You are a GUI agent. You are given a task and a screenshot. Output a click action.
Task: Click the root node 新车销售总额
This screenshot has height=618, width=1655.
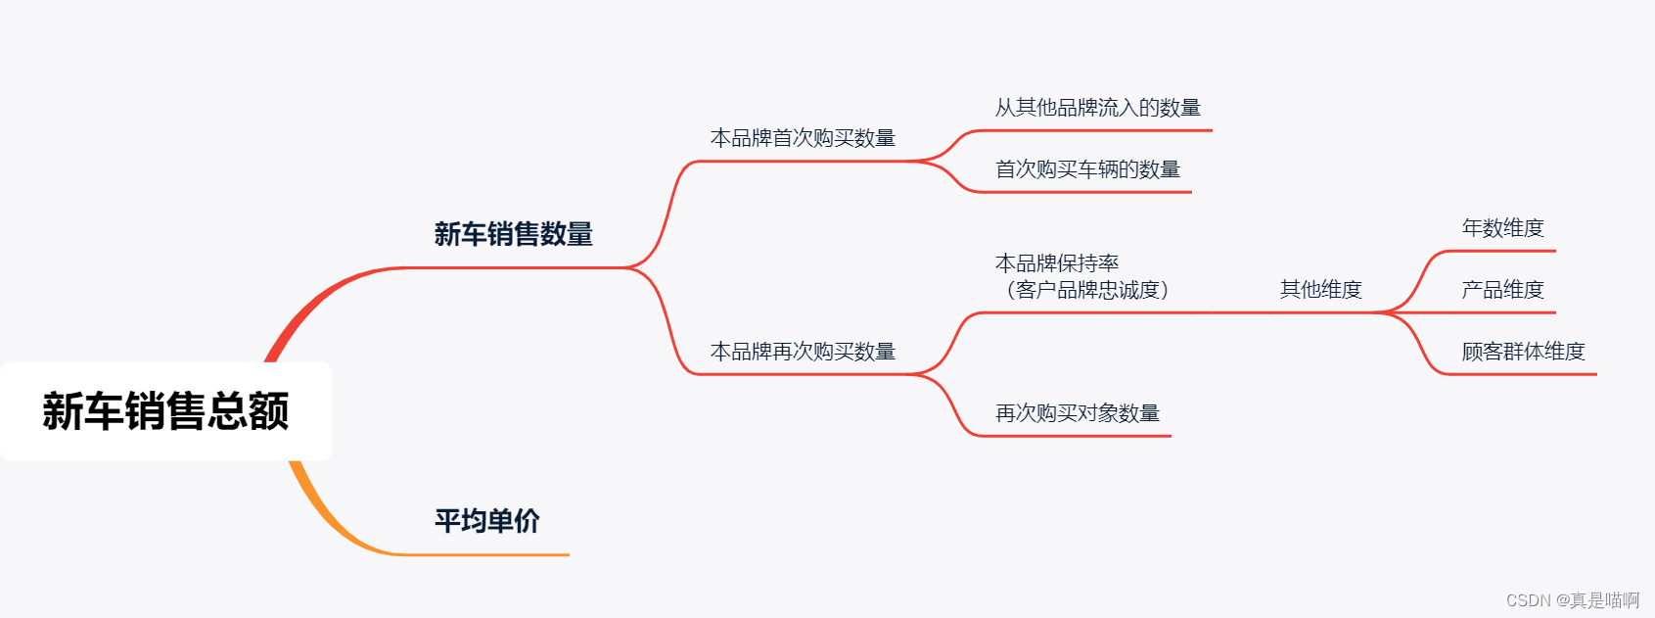(x=165, y=411)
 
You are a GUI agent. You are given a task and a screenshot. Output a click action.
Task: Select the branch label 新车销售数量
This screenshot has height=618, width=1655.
(x=513, y=234)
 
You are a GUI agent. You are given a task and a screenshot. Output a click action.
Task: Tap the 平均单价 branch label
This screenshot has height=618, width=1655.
(x=486, y=520)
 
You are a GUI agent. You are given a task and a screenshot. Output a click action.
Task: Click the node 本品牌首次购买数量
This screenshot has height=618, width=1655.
(x=803, y=138)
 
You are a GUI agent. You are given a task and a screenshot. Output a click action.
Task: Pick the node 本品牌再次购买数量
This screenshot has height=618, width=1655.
(x=803, y=352)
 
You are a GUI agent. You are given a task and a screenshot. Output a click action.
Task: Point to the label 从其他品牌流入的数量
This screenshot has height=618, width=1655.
(x=1097, y=108)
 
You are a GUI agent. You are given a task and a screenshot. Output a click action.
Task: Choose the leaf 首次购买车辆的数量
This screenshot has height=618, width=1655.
(x=1087, y=169)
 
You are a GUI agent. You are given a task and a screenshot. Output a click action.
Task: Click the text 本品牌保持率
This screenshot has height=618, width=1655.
(x=1056, y=262)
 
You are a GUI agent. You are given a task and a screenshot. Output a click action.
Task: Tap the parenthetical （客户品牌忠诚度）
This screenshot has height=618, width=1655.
(x=1086, y=290)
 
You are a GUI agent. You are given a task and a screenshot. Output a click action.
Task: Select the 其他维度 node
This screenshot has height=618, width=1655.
(x=1320, y=290)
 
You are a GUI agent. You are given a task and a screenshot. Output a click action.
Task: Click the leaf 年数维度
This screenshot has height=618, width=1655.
(x=1502, y=228)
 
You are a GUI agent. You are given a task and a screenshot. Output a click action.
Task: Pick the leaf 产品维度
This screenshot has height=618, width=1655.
(x=1502, y=290)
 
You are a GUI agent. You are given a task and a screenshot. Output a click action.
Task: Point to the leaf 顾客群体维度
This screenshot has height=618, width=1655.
(x=1523, y=352)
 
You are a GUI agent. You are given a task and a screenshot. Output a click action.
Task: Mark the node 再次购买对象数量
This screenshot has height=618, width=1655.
(x=1077, y=413)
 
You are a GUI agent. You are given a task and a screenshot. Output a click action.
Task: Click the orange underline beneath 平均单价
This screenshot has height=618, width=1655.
(x=489, y=554)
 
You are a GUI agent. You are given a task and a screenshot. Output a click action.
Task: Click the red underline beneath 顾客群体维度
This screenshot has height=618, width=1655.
(x=1527, y=374)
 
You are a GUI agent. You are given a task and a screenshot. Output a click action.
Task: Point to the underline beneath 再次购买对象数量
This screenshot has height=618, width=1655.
(x=1077, y=436)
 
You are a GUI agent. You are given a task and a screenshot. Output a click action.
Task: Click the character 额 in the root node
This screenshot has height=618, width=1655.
(x=268, y=411)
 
